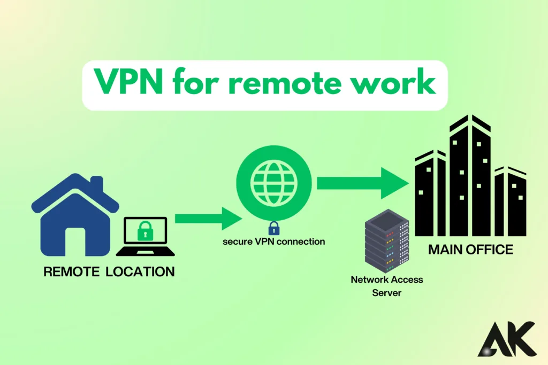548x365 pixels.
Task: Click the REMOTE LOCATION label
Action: pyautogui.click(x=109, y=271)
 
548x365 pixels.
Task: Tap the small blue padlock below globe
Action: pyautogui.click(x=273, y=228)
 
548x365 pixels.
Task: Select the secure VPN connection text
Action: pyautogui.click(x=273, y=242)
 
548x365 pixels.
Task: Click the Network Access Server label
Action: pyautogui.click(x=386, y=285)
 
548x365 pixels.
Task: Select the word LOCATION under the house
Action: pyautogui.click(x=140, y=271)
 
